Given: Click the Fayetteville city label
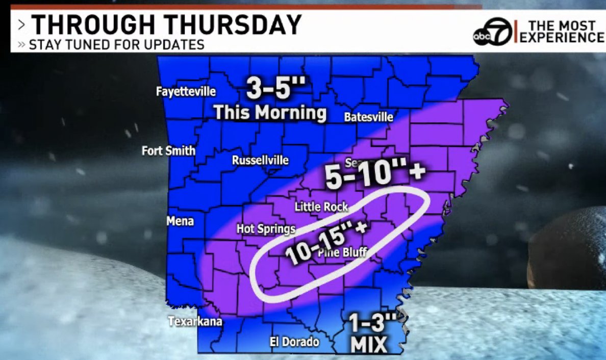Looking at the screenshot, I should tap(186, 92).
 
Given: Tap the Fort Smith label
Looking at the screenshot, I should tap(168, 151).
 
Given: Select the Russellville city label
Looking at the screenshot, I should tap(260, 161).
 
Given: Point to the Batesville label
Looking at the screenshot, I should tap(369, 117).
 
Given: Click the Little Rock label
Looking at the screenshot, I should tap(321, 207).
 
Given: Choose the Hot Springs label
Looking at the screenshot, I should tap(266, 229).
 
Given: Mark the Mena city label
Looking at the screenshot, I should tap(180, 221).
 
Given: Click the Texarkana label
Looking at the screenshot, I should tap(196, 322).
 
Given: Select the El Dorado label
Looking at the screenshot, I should tap(294, 342).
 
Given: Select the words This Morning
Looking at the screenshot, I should tap(270, 112).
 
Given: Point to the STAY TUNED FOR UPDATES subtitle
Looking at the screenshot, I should tap(116, 44).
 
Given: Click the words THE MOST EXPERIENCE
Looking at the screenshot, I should tap(561, 31).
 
